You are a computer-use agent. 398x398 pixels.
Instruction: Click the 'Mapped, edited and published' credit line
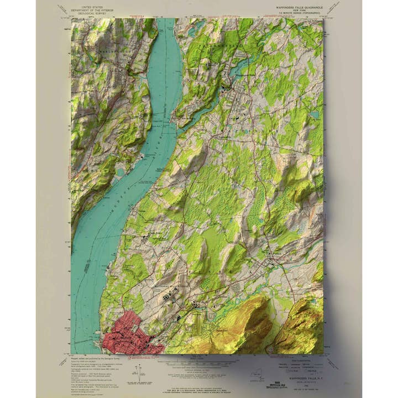pos(95,357)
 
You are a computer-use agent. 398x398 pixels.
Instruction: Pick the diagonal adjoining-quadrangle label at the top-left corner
pos(62,8)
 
